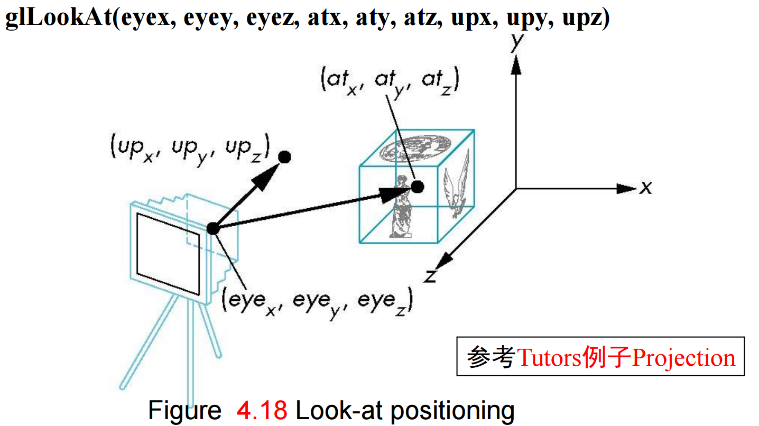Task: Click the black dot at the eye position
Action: pos(212,228)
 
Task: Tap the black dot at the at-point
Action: pos(417,187)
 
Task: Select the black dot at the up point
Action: pos(284,156)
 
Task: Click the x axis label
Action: pos(645,188)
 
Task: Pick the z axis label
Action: pos(431,276)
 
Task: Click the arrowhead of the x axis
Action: pos(626,188)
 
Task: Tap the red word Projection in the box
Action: pos(684,358)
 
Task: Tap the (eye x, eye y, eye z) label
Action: pos(317,302)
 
